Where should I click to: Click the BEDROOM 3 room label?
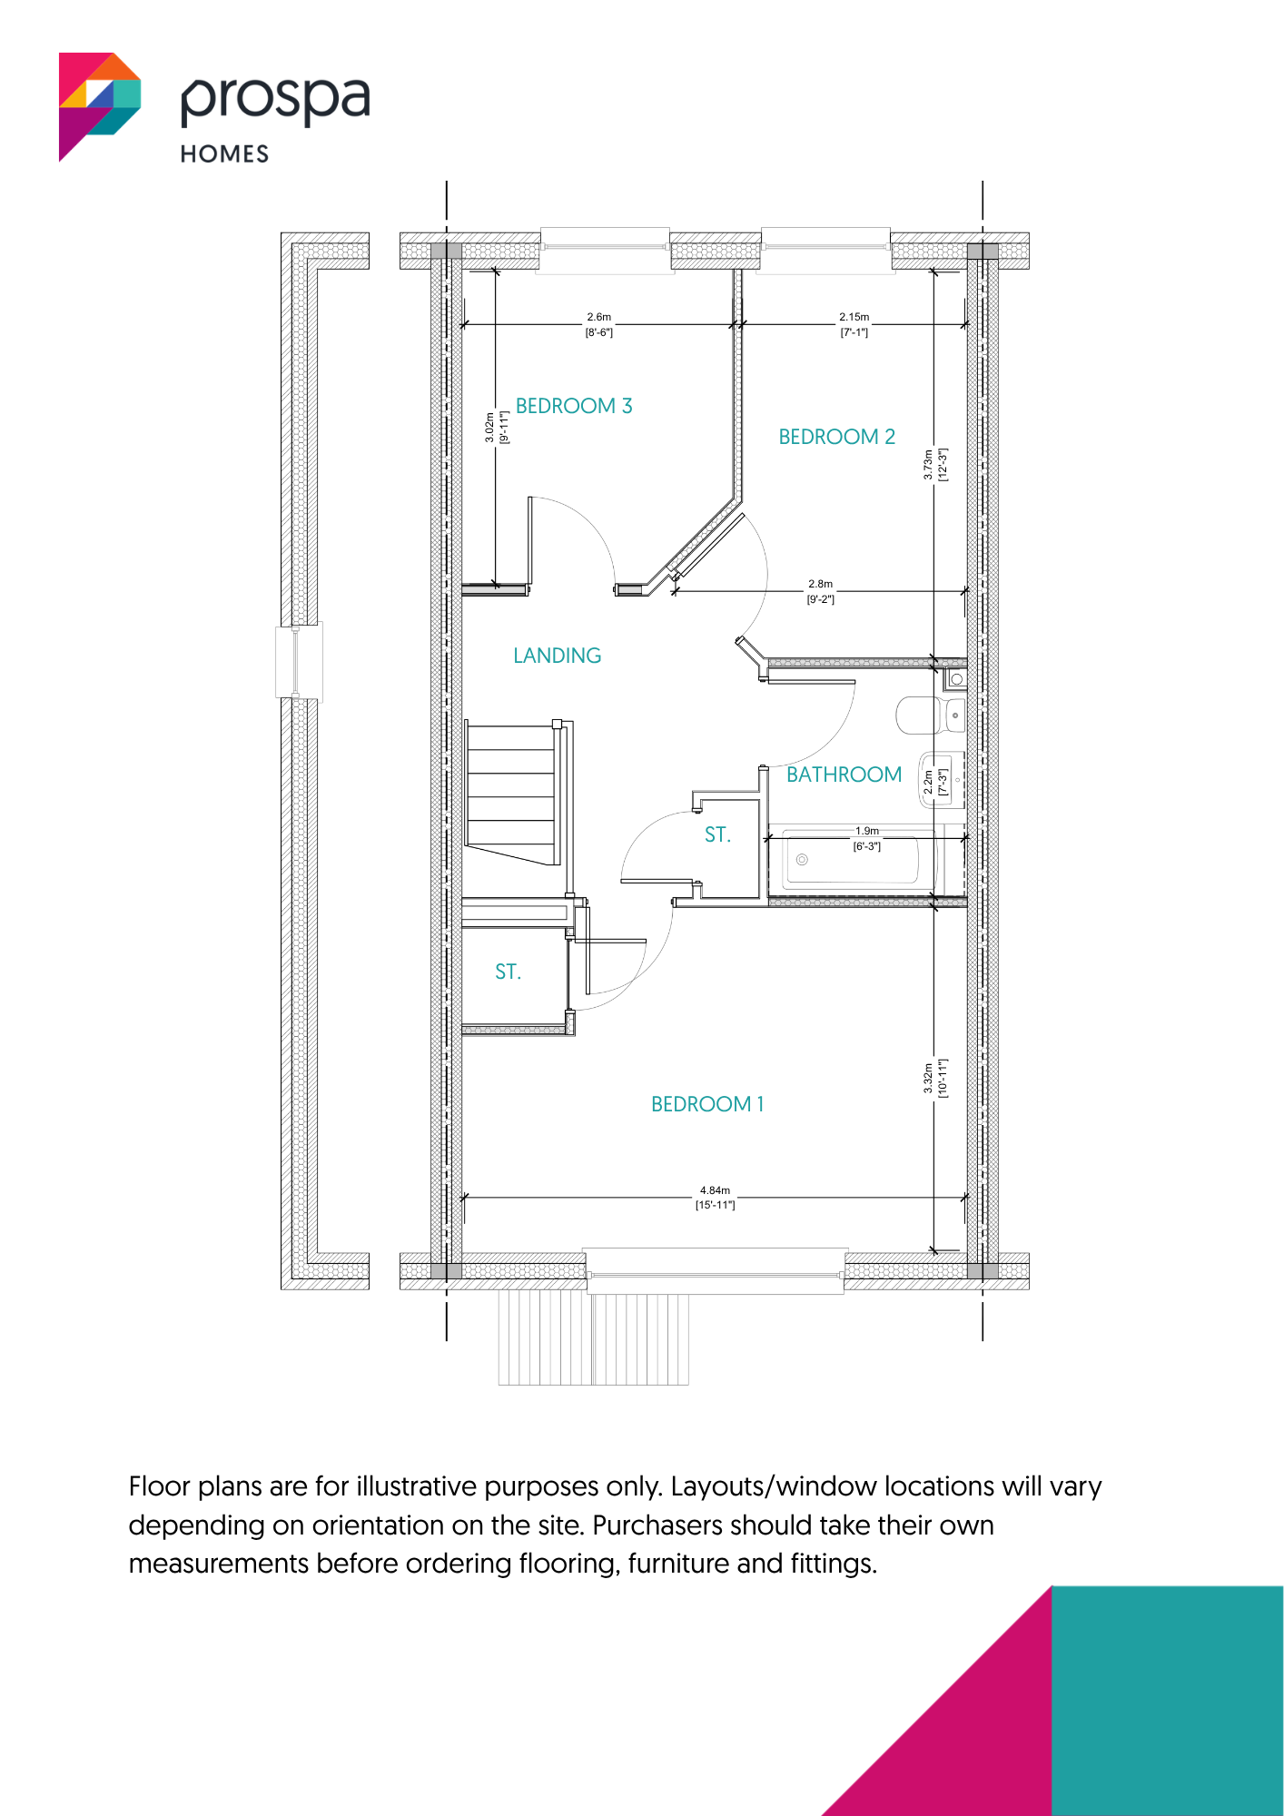coord(574,406)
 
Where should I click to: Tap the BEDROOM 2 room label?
coord(836,437)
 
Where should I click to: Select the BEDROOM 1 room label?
coord(707,1104)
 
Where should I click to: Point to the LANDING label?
coord(557,656)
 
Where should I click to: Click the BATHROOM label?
coord(844,775)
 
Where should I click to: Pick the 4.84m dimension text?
coord(715,1190)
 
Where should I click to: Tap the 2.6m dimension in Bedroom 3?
coord(599,317)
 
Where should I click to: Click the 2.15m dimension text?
coord(854,317)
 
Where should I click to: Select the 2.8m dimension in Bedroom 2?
coord(821,584)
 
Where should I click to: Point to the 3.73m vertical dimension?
coord(928,464)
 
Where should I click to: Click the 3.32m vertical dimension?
coord(928,1078)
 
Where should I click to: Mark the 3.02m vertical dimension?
coord(489,428)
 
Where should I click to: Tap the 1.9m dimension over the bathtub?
coord(867,831)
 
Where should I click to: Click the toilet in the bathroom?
coord(931,716)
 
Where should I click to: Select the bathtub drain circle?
coord(802,860)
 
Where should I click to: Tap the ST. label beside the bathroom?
coord(717,834)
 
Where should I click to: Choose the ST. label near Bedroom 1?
coord(508,972)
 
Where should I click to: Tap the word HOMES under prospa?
coord(224,154)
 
